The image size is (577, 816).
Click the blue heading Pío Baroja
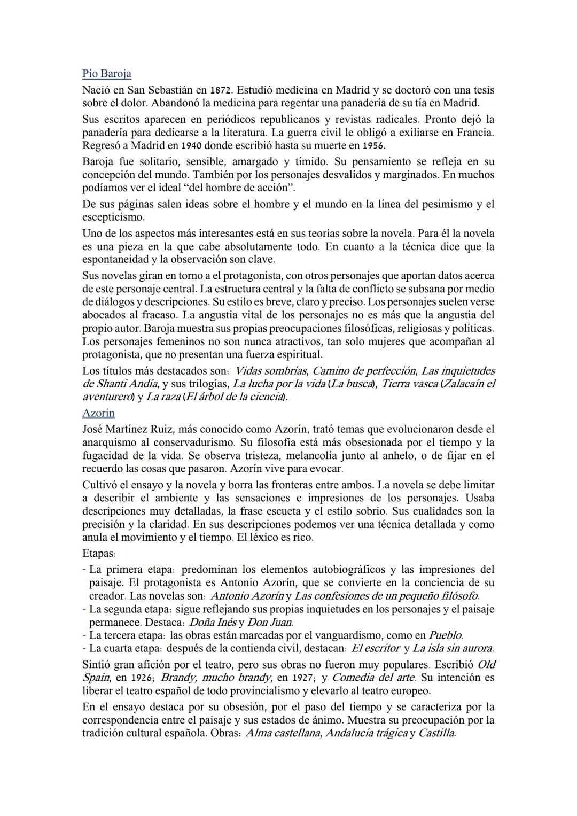point(107,74)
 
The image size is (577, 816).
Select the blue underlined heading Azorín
point(98,413)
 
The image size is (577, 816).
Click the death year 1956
point(373,146)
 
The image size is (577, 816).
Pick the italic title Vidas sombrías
point(271,371)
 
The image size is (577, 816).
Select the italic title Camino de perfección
point(364,371)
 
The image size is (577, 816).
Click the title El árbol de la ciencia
point(235,397)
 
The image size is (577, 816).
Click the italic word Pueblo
point(446,635)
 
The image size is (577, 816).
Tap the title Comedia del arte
point(373,678)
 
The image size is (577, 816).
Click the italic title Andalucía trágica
point(366,733)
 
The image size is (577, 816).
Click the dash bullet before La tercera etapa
point(84,635)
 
